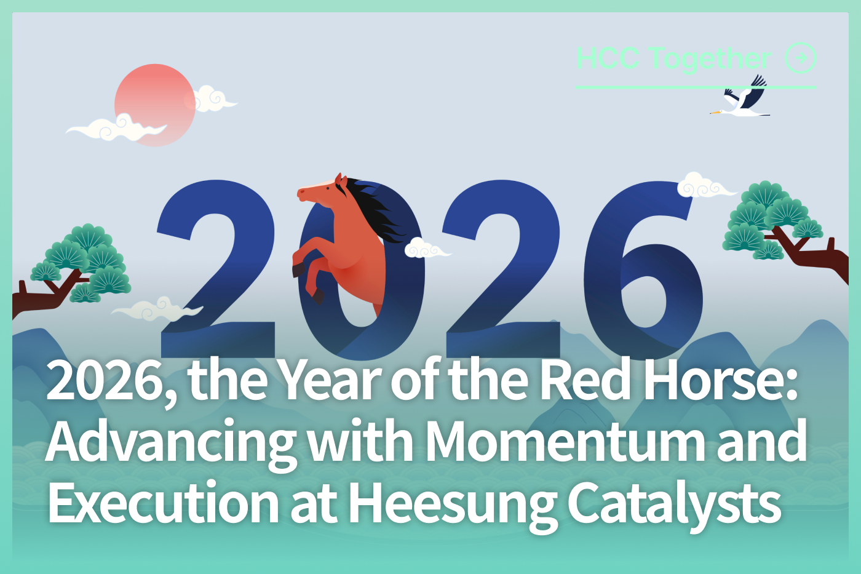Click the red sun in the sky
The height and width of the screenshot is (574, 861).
click(155, 105)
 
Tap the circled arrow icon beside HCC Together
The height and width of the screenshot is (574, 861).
click(801, 58)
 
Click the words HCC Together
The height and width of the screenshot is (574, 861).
click(674, 59)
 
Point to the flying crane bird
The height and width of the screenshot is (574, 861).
click(740, 97)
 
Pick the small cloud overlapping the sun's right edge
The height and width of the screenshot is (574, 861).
click(213, 99)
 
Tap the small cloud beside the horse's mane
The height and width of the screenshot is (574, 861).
click(427, 247)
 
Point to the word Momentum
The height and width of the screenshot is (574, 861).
click(565, 440)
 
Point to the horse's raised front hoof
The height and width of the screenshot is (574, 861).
click(298, 269)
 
